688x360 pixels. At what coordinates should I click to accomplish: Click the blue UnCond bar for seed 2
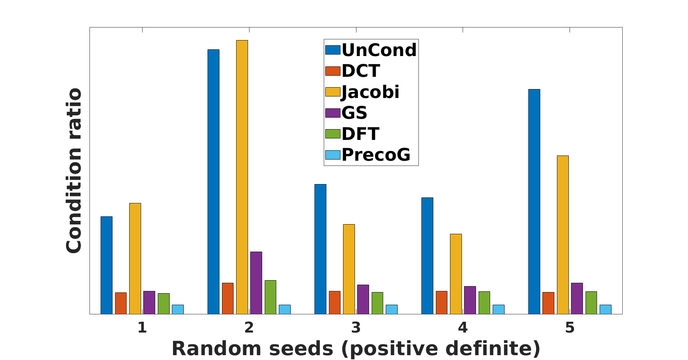[x=213, y=182]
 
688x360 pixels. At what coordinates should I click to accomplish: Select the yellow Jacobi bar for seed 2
[x=242, y=177]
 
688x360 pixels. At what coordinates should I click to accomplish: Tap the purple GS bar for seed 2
[x=256, y=283]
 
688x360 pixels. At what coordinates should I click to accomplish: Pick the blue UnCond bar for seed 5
[x=534, y=202]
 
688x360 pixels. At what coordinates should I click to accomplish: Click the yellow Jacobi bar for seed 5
[x=563, y=235]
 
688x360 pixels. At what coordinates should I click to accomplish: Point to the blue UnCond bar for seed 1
[x=107, y=265]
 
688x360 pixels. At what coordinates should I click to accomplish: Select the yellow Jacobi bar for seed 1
[x=135, y=259]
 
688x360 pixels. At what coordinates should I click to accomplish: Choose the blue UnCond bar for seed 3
[x=320, y=249]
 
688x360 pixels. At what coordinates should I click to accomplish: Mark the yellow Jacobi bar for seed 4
[x=456, y=274]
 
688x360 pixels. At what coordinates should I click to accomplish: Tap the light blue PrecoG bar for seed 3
[x=392, y=310]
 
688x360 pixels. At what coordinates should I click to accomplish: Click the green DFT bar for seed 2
[x=270, y=297]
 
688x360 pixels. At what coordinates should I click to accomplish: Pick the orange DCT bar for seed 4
[x=441, y=302]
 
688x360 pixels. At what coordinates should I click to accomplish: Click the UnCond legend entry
[x=371, y=50]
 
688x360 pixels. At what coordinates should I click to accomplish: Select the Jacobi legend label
[x=371, y=92]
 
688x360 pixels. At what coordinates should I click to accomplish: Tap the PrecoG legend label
[x=376, y=155]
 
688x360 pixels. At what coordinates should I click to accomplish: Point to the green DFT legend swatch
[x=333, y=134]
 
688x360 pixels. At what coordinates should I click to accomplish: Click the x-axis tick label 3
[x=356, y=328]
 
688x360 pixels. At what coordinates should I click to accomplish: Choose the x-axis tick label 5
[x=570, y=328]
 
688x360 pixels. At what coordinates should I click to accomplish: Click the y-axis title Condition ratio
[x=74, y=171]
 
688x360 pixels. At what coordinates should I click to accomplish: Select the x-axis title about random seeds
[x=356, y=348]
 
